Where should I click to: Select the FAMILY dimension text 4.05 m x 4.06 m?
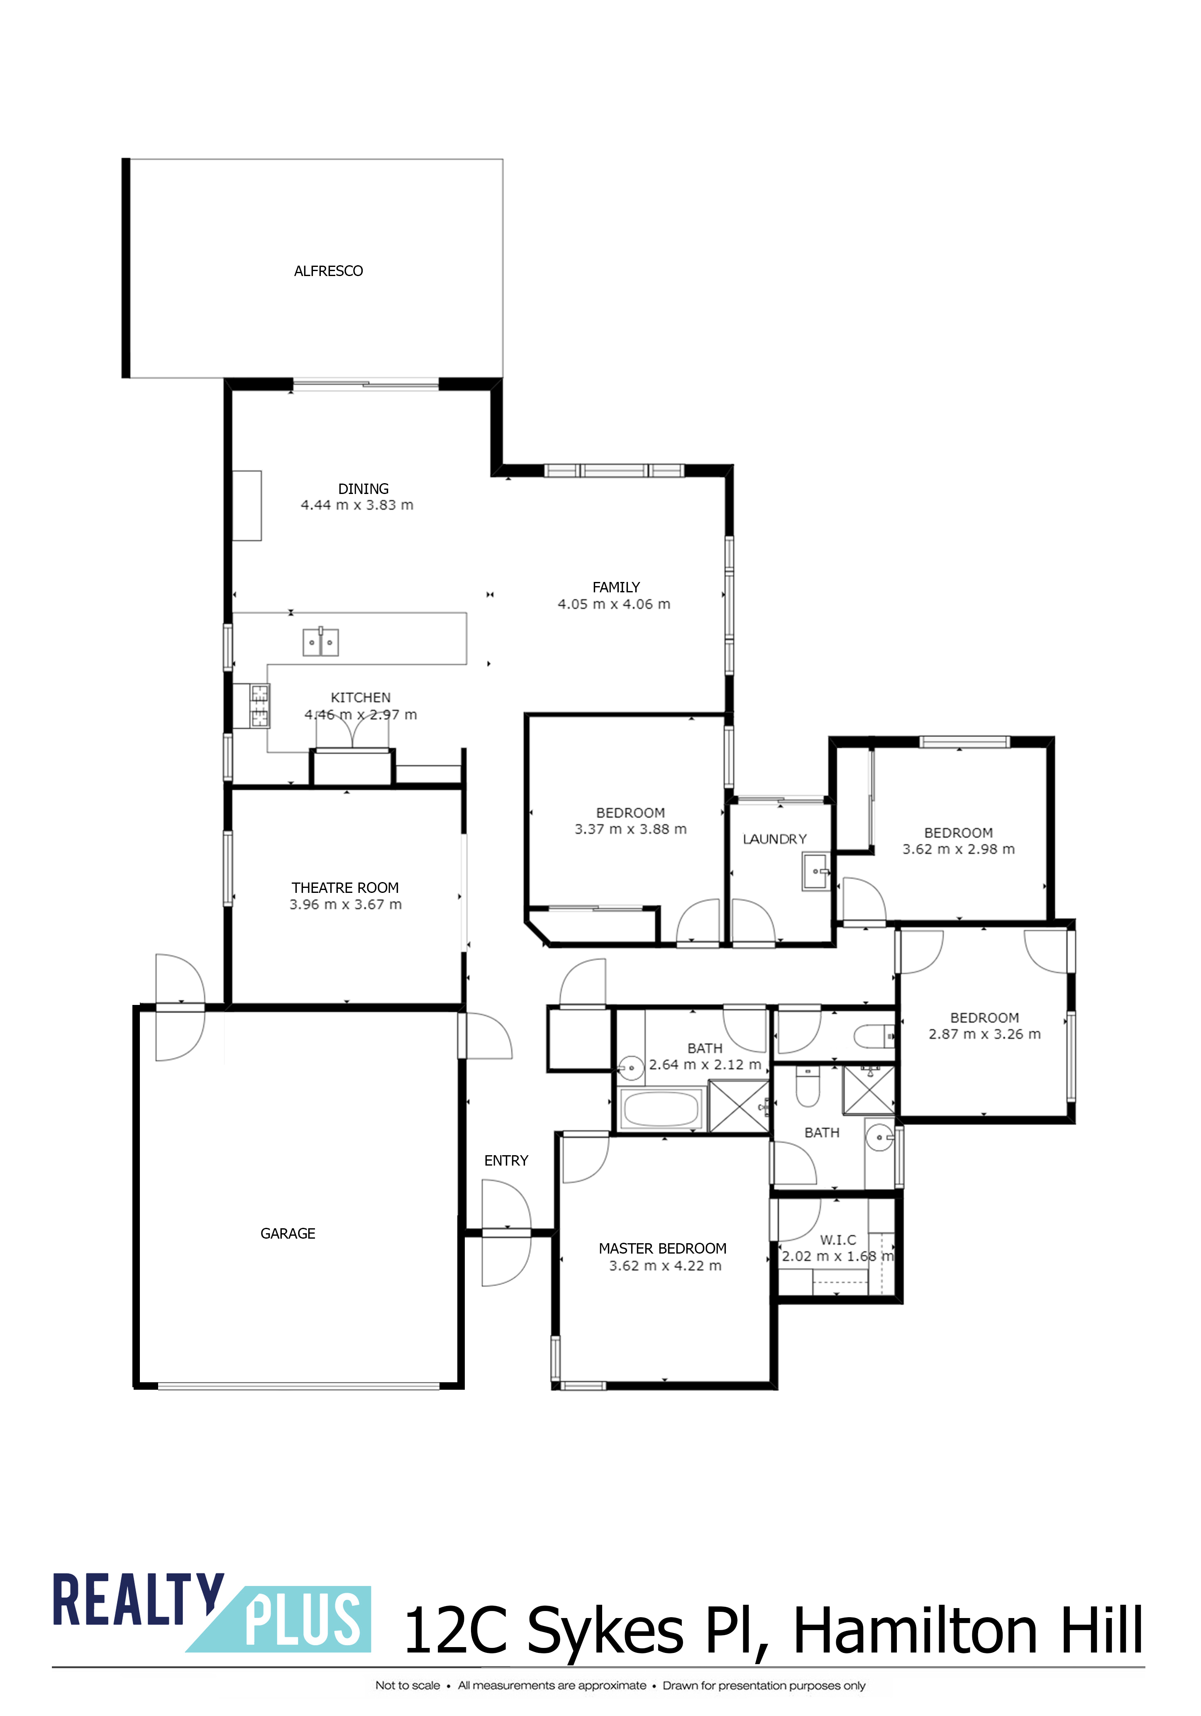614,604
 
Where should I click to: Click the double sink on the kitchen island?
321,642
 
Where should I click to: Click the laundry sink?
816,871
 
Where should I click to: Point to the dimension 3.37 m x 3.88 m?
630,829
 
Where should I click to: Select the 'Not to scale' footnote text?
407,1685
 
